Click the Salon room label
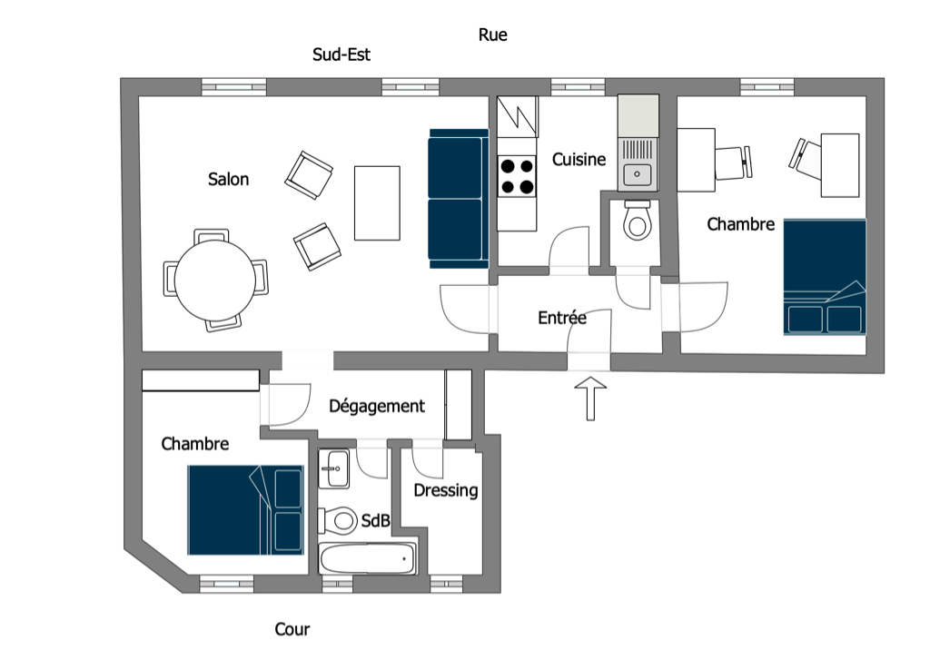coord(228,180)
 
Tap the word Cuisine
coord(579,160)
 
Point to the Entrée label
coord(561,318)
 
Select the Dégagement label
coord(376,406)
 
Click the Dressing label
coord(445,490)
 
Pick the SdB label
coord(375,521)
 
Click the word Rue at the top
coord(492,35)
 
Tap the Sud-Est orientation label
coord(341,54)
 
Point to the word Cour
coord(292,629)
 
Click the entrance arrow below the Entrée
coord(590,398)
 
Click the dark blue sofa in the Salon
coord(457,199)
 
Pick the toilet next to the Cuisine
coord(638,221)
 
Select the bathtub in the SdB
coord(367,559)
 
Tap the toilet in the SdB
coord(339,520)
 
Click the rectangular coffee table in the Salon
coord(377,202)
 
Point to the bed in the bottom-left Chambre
coord(245,509)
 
